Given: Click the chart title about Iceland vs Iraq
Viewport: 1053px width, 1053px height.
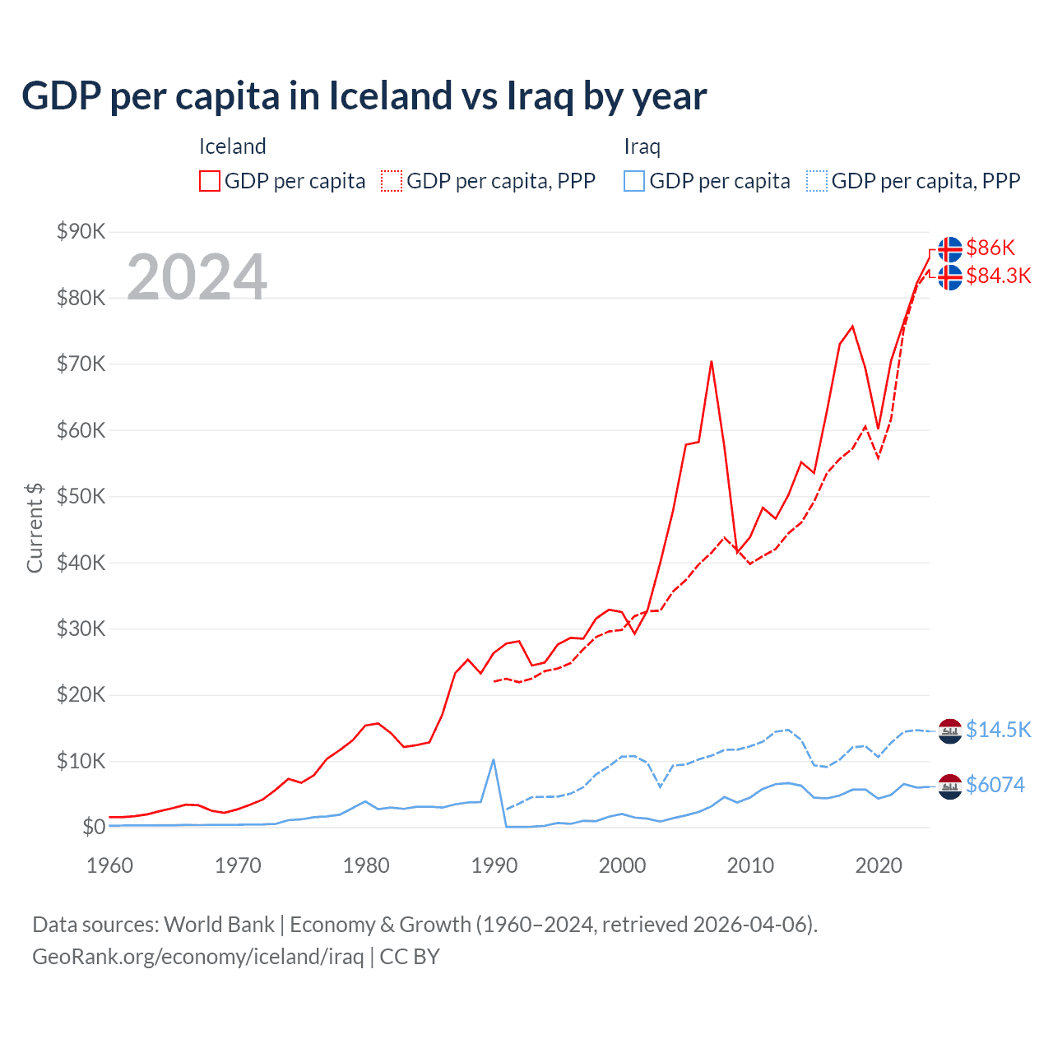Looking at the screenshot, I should (364, 96).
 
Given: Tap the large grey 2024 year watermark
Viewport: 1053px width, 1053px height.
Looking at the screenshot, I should (197, 277).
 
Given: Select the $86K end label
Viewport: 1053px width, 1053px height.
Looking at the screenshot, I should (990, 248).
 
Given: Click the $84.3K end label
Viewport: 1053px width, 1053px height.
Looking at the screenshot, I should (998, 276).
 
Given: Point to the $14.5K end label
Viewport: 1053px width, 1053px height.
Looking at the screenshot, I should (998, 730).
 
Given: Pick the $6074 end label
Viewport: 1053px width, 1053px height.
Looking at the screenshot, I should (995, 785).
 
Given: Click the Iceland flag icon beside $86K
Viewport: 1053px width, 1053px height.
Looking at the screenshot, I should (950, 248).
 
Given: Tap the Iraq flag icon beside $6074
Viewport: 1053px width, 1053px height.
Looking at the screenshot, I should (950, 786).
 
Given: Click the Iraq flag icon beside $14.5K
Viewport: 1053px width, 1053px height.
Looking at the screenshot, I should (950, 731).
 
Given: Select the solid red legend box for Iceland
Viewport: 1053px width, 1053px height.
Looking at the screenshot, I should (210, 181).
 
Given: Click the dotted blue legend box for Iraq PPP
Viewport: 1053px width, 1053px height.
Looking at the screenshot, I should (817, 181).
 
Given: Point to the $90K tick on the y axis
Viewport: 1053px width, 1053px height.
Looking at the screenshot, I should (81, 231).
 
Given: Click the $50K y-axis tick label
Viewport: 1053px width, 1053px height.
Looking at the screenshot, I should (81, 496).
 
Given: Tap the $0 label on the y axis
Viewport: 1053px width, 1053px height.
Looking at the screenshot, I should (94, 827).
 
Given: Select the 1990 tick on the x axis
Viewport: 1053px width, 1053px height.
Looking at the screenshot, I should (494, 865).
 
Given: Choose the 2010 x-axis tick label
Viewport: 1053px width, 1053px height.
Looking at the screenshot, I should (750, 865).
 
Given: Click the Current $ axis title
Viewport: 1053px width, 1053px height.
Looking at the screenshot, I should (35, 528).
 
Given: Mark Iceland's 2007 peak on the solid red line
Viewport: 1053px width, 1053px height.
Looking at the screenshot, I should (711, 361).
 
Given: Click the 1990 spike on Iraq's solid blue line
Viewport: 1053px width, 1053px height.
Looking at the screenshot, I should (493, 759).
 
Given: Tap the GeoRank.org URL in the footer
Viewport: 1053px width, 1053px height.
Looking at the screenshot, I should (197, 957).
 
